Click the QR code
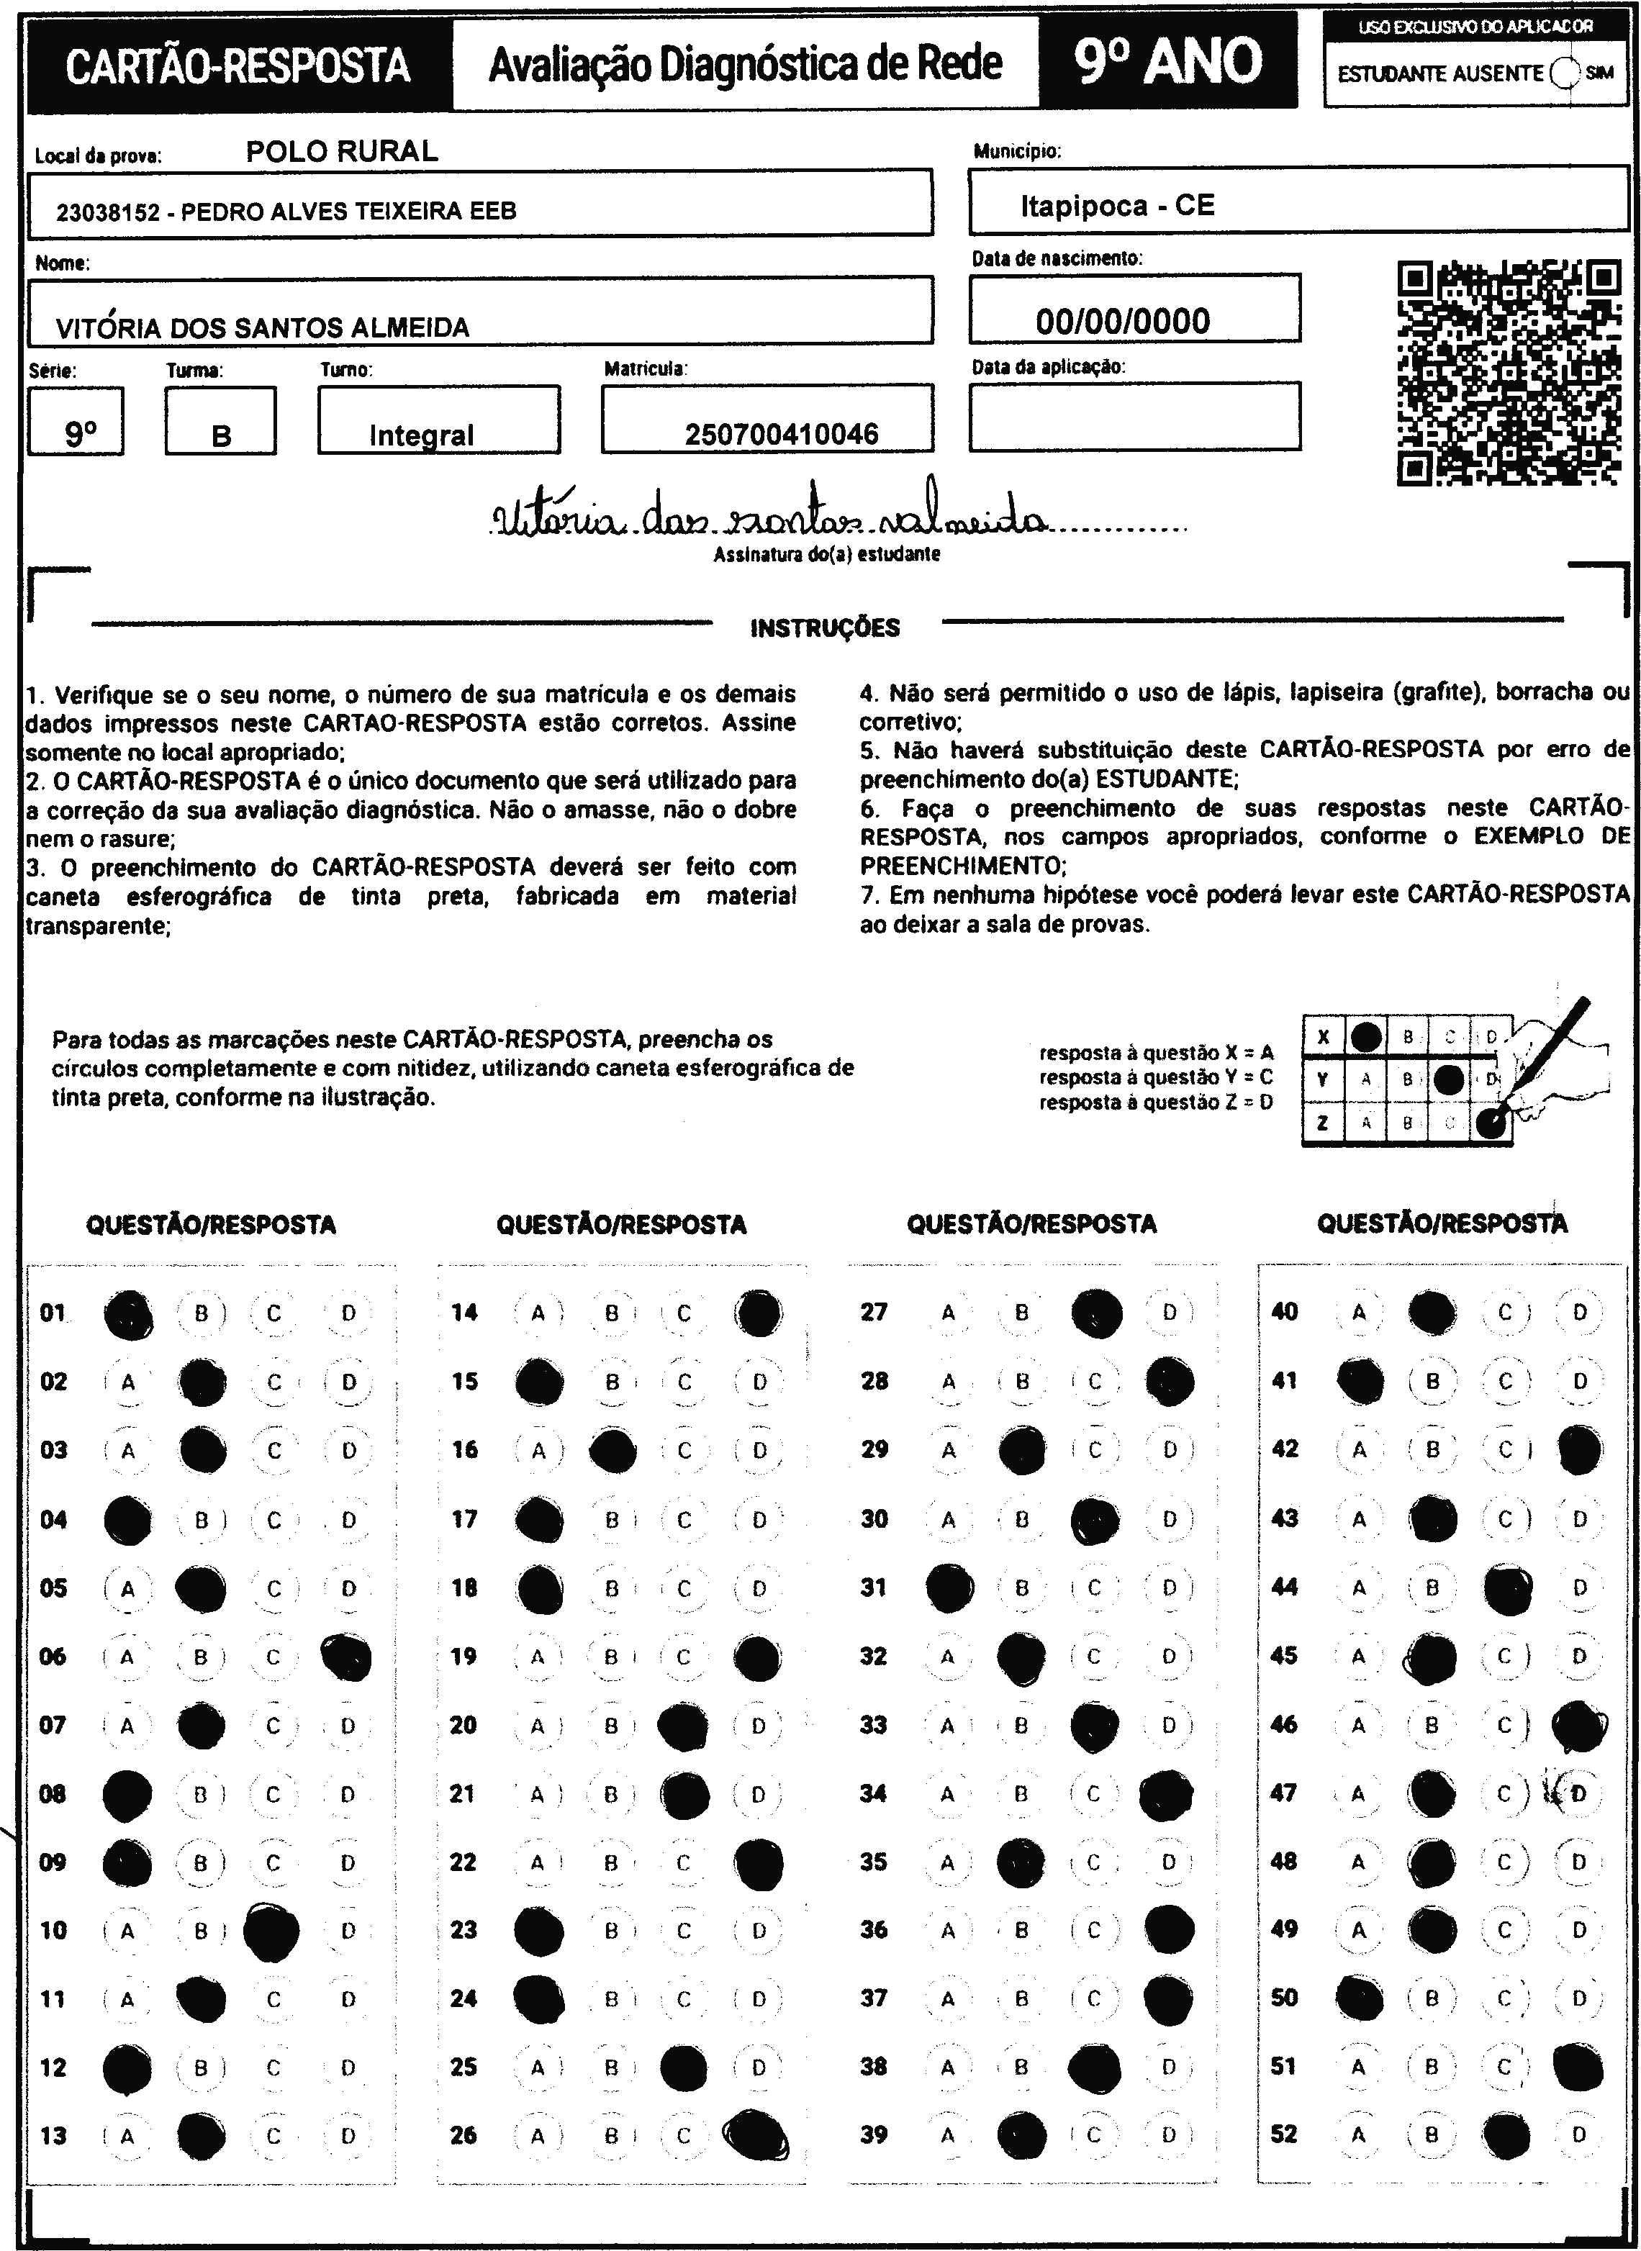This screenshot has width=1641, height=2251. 1508,372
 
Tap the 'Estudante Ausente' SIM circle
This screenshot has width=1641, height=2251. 1563,73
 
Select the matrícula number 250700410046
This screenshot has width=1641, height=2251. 782,434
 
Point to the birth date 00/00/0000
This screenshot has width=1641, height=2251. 1123,321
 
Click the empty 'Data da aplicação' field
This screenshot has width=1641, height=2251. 1134,417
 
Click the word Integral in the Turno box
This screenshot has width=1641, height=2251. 421,435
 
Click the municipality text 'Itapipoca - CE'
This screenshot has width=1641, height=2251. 1116,206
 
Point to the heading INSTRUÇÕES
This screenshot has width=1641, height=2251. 825,628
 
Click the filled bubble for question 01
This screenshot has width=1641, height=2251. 128,1315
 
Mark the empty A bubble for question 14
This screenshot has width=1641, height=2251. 538,1313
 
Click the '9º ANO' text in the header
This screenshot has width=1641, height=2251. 1167,63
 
